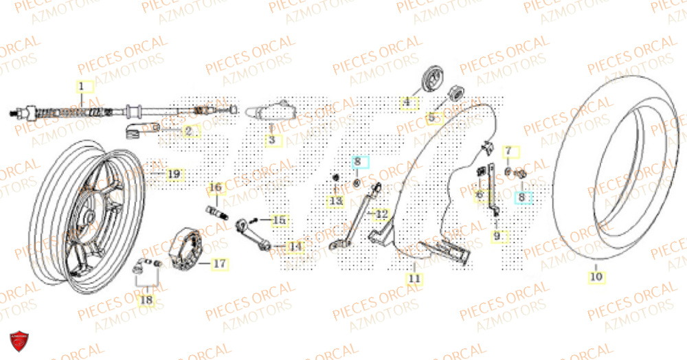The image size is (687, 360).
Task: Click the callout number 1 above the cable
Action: point(80,87)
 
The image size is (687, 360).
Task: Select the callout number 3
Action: point(271,140)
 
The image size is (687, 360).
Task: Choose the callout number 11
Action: point(414,278)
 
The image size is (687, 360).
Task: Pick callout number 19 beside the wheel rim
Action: point(174,175)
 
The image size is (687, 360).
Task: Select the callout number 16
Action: point(215,187)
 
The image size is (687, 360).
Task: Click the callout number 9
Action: point(497,236)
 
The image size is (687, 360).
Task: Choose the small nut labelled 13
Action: point(336,179)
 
